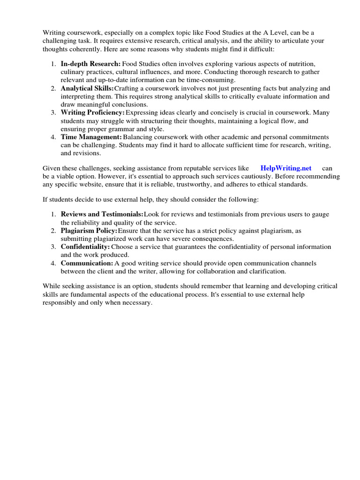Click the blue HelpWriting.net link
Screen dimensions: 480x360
[x=285, y=168]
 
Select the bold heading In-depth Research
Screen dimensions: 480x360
[x=90, y=63]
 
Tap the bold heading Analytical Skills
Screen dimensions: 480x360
[x=87, y=88]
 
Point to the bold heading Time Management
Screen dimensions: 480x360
[x=91, y=137]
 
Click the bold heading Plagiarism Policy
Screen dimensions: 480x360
[x=89, y=231]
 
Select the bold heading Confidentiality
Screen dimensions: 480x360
[x=85, y=247]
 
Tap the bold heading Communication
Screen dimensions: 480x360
[x=87, y=263]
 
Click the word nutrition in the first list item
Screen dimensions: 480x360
[x=300, y=63]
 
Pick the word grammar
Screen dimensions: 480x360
[x=132, y=129]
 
